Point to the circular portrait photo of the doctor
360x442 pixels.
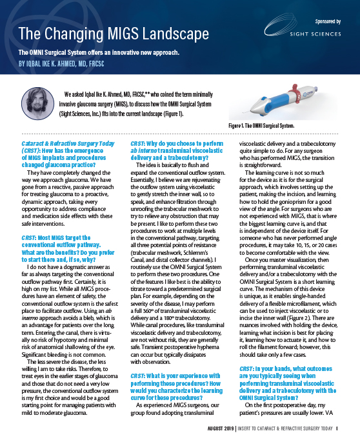[x=37, y=101]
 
